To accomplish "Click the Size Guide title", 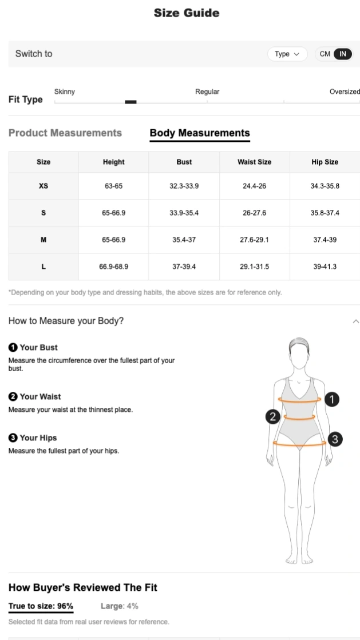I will point(186,13).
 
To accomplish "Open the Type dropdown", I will point(287,54).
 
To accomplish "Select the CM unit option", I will point(325,54).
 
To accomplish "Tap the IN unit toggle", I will point(342,54).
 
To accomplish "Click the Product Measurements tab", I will point(65,133).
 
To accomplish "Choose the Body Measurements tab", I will point(200,133).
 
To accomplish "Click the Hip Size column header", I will point(325,162).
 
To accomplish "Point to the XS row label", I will point(43,186).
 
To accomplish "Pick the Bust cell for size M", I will point(184,240).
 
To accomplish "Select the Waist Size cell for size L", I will point(254,267).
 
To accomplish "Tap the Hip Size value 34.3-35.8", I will point(325,186).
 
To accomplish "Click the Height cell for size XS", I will point(113,186).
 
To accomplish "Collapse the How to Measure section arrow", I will point(356,321).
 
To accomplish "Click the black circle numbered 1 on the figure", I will point(332,400).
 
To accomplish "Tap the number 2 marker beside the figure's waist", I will point(273,417).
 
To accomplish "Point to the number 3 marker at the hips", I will point(335,439).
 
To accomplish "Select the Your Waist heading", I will point(40,396).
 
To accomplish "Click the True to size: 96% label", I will point(41,606).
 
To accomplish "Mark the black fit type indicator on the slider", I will point(130,102).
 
